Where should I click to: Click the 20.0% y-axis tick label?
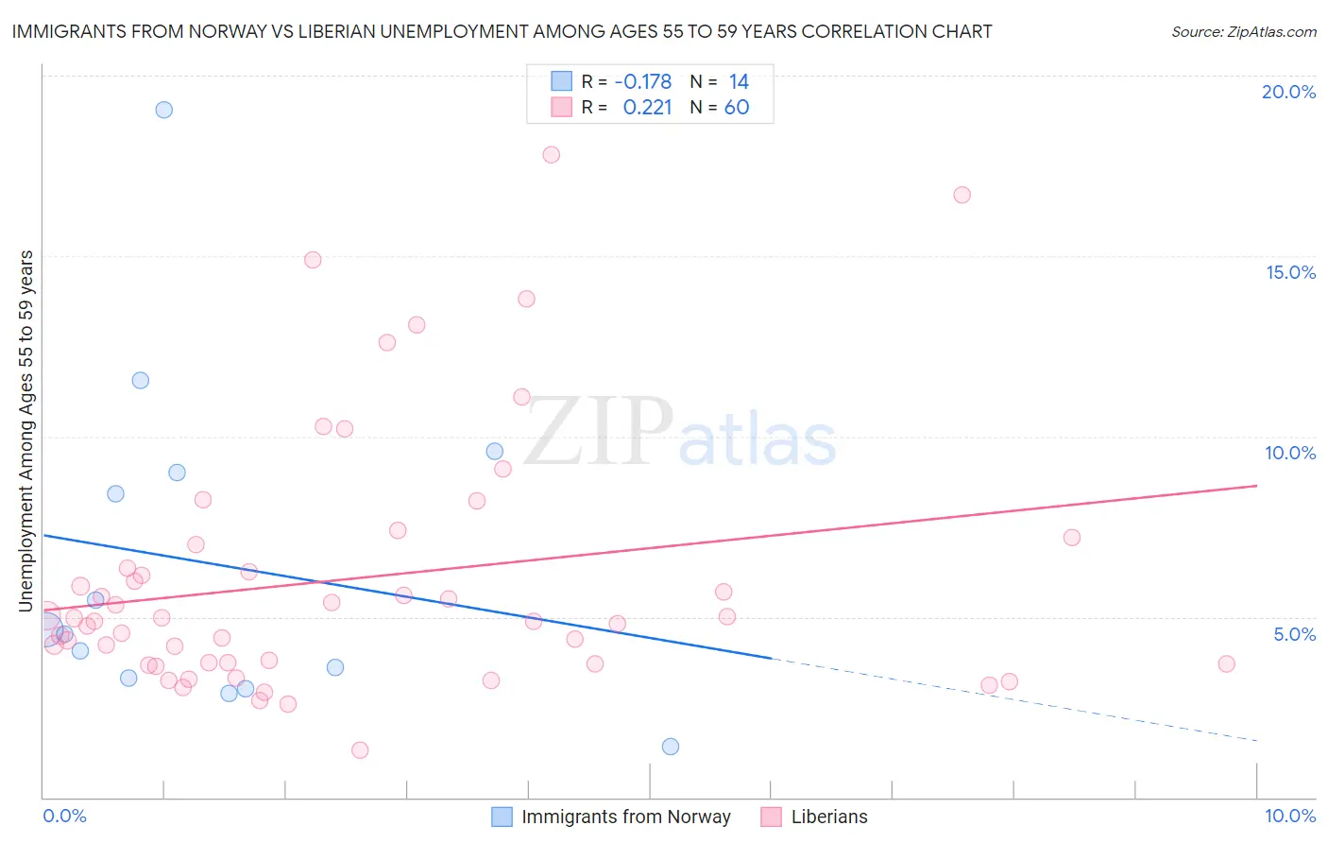(x=1288, y=92)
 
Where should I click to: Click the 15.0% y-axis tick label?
(x=1290, y=272)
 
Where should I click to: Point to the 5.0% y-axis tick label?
(x=1294, y=634)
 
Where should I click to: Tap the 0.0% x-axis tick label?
(x=64, y=816)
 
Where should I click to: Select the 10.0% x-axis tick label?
(x=1289, y=816)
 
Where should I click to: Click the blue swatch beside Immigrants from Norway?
(x=502, y=817)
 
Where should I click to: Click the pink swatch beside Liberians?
(x=772, y=817)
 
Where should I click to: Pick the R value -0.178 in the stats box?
(x=642, y=81)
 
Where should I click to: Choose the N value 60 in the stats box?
(x=737, y=108)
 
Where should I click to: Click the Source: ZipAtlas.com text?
(x=1243, y=32)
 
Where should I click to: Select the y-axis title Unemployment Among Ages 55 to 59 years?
(x=26, y=431)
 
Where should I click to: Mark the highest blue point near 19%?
(x=164, y=110)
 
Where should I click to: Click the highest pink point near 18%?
(x=552, y=155)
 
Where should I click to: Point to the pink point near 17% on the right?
(x=962, y=195)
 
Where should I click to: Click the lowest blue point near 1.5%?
(x=671, y=747)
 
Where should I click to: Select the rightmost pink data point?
(x=1227, y=663)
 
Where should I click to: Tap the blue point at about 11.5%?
(x=141, y=381)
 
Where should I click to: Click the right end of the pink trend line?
(x=1256, y=486)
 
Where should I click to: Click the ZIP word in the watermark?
(x=597, y=433)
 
